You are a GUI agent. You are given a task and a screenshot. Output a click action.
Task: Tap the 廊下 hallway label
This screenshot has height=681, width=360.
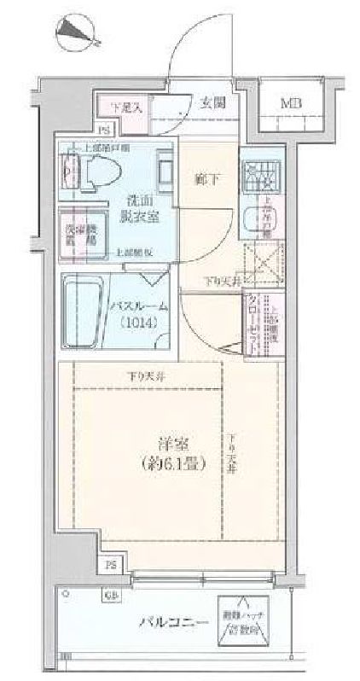click(x=206, y=180)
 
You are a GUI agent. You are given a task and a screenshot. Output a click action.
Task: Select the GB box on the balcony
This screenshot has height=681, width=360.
click(x=112, y=595)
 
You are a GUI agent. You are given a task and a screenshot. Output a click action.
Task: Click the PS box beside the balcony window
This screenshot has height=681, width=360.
click(x=112, y=565)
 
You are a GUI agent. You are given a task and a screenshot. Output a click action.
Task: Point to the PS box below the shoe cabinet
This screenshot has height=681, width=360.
click(x=103, y=131)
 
